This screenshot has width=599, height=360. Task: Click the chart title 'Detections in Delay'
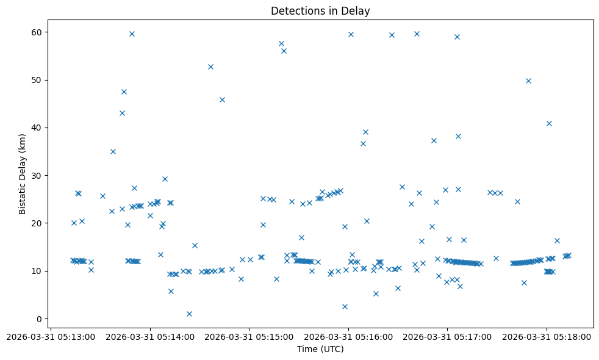(320, 11)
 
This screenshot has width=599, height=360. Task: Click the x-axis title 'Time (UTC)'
(320, 349)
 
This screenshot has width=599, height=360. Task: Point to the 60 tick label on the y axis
(36, 32)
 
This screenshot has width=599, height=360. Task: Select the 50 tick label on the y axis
(36, 80)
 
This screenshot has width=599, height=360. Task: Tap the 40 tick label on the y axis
(36, 128)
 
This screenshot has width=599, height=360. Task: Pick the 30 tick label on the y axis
(36, 175)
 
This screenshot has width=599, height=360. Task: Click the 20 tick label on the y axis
(36, 223)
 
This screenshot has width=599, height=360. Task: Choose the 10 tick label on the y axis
(36, 271)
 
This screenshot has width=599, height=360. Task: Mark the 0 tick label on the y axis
(38, 319)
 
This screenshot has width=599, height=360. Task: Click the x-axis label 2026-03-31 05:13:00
(52, 336)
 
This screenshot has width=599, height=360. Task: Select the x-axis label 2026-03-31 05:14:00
(151, 336)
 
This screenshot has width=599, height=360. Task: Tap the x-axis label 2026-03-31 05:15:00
(249, 336)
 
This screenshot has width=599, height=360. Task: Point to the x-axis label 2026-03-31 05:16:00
(348, 336)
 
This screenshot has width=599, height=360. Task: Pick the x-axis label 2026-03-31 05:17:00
(447, 336)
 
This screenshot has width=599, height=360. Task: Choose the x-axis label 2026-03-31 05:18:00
(546, 336)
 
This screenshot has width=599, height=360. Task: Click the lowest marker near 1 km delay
(189, 314)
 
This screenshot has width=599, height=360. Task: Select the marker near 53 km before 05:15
(210, 67)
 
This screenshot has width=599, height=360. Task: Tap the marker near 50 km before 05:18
(528, 81)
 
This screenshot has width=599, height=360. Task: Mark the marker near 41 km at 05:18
(549, 123)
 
